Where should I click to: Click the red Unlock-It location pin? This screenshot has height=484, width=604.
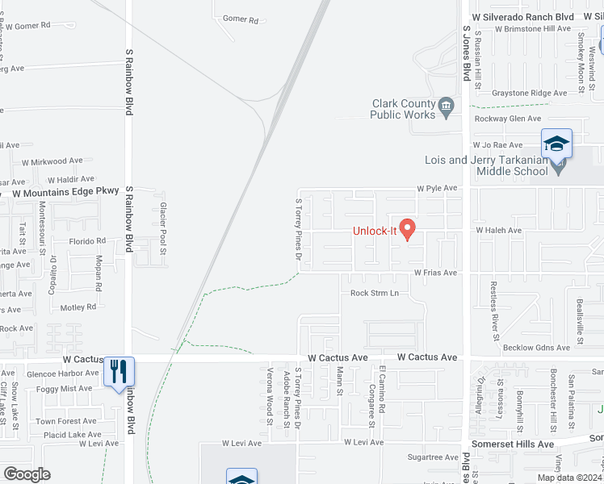coord(408,229)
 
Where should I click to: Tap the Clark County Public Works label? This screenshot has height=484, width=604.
coord(403,109)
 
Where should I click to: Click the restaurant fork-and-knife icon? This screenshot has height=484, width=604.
coord(119,372)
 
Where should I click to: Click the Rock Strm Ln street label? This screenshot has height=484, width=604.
coord(375,293)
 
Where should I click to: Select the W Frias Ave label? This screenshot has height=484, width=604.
coord(435,273)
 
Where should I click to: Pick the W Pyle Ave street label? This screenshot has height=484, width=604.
coord(437,188)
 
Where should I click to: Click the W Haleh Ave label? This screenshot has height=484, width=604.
coord(498,231)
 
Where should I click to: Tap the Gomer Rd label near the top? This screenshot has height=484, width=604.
coord(240,19)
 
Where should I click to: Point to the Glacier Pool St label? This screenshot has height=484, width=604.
coord(162,229)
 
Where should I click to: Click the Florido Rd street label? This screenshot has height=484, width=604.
coord(86,241)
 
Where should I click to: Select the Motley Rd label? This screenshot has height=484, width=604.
coord(78,307)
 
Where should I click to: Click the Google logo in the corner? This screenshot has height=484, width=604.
coord(27,474)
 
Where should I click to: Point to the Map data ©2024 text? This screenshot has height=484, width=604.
coord(570,478)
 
